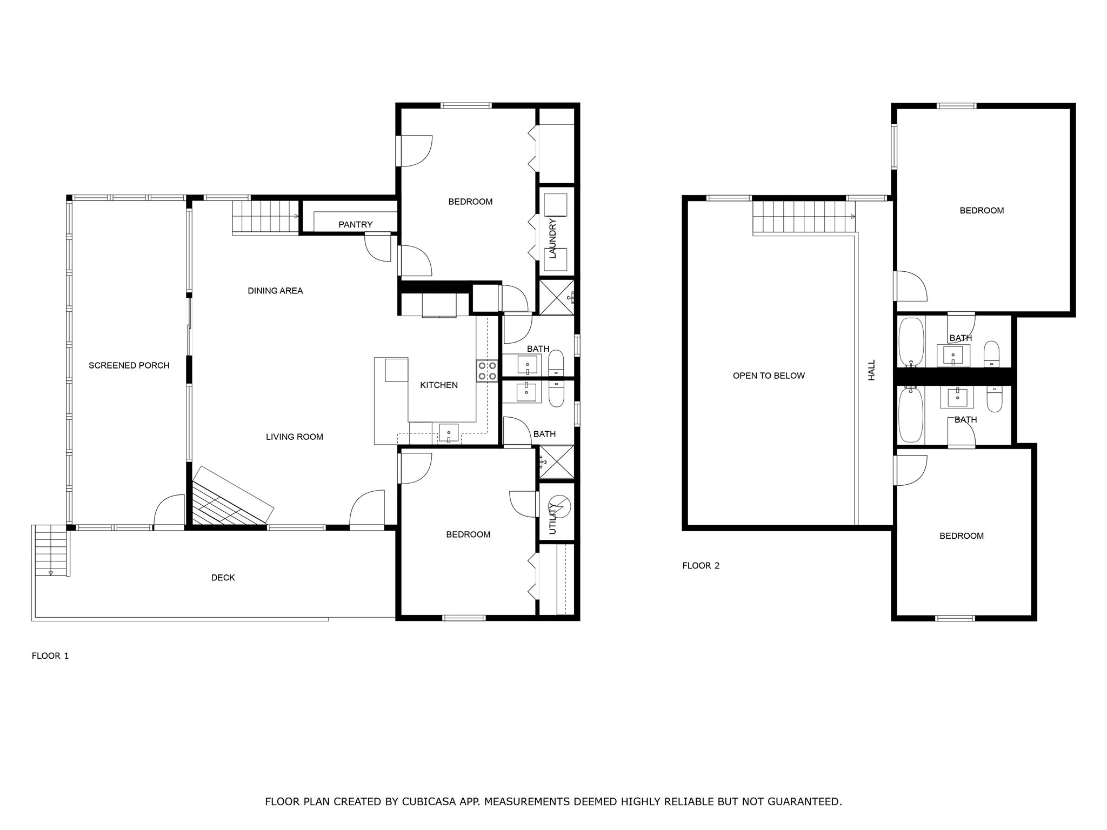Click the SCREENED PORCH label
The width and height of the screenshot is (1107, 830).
[129, 366]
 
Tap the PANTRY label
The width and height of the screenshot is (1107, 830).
[355, 225]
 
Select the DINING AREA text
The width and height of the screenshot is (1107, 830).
[275, 291]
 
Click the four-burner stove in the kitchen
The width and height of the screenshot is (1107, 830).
[487, 371]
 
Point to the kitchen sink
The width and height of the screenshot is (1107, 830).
[449, 433]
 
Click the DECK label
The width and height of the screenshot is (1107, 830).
[223, 578]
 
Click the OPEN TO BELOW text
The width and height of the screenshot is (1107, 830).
[769, 376]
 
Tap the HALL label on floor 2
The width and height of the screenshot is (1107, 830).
[871, 370]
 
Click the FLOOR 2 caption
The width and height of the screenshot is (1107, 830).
[701, 566]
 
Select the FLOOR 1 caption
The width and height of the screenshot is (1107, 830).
[50, 656]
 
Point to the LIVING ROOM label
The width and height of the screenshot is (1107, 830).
[294, 437]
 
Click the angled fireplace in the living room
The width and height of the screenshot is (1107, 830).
[232, 497]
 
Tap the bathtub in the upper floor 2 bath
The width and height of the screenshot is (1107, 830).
[911, 342]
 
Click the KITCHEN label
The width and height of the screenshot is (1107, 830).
[438, 385]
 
